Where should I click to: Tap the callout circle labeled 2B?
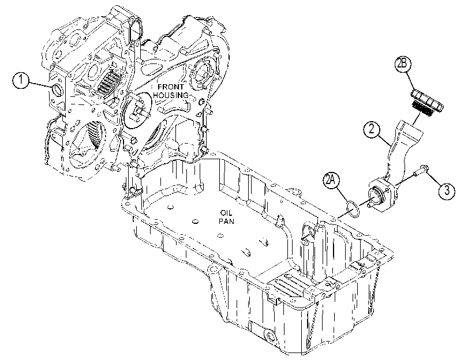[x=403, y=65]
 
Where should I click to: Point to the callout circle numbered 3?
[x=447, y=190]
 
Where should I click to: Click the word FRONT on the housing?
[x=171, y=87]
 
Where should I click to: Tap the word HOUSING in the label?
[x=171, y=95]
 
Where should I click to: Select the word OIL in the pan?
[x=226, y=213]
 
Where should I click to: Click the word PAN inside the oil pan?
[x=226, y=221]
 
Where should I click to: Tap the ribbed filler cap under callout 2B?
[x=428, y=99]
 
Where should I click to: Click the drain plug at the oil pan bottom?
[x=271, y=337]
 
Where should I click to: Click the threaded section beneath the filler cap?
[x=421, y=109]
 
